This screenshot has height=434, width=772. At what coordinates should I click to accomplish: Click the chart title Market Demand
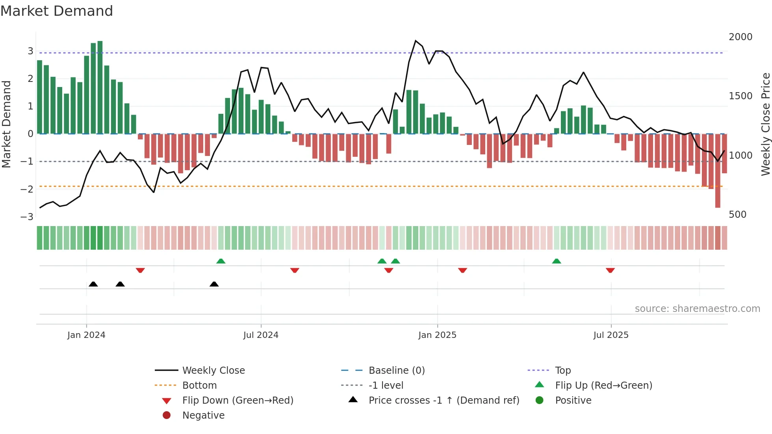pos(57,11)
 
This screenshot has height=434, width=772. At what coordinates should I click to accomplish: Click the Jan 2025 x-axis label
pos(437,335)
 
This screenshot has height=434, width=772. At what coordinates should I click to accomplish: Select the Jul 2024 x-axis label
pos(261,335)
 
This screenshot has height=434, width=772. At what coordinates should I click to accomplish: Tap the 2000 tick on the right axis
pos(740,37)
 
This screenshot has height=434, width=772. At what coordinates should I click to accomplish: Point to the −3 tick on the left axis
pos(27,217)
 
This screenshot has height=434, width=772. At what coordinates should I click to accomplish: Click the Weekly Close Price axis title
pos(765,124)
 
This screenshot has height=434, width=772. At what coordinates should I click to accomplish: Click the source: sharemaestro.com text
pos(697,309)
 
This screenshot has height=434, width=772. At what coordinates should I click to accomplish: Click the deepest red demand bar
pos(718,171)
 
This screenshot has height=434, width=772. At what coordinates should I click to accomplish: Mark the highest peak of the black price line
pos(416,41)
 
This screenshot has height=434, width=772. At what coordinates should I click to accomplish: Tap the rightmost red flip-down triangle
pos(610,270)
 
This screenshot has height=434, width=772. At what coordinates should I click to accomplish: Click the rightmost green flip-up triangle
pos(556,261)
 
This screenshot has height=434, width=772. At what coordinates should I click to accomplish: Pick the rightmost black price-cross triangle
pos(214,284)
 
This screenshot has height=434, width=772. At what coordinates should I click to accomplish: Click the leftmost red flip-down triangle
pos(140,270)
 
